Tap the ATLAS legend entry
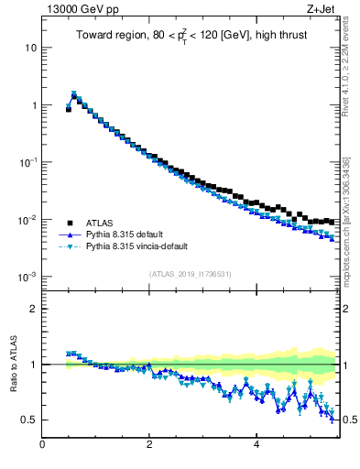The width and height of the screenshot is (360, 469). (x=101, y=222)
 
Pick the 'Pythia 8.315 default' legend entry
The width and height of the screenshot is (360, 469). (x=128, y=234)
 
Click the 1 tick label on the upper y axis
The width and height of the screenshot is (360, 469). (x=35, y=105)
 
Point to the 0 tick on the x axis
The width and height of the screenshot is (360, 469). (x=43, y=446)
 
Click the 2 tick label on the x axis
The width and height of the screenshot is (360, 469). (x=149, y=446)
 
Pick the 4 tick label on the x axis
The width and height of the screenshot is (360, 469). (x=256, y=446)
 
